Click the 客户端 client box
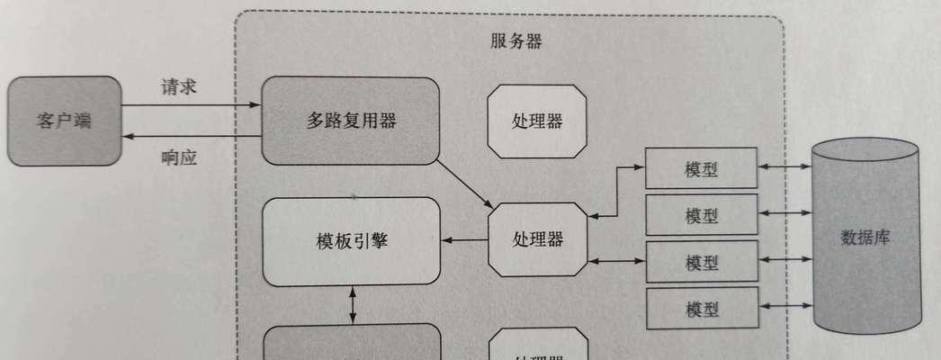64,120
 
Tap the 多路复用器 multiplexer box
351,121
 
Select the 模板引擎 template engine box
351,240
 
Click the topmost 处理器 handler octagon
537,121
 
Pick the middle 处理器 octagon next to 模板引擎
537,239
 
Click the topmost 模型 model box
701,167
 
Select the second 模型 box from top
701,215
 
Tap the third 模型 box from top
701,262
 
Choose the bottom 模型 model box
701,309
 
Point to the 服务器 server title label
516,41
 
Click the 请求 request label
179,87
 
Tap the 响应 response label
179,157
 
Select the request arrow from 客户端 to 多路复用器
191,106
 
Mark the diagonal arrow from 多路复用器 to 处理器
464,183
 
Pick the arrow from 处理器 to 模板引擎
464,240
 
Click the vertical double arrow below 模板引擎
352,305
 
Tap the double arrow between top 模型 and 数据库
784,166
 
